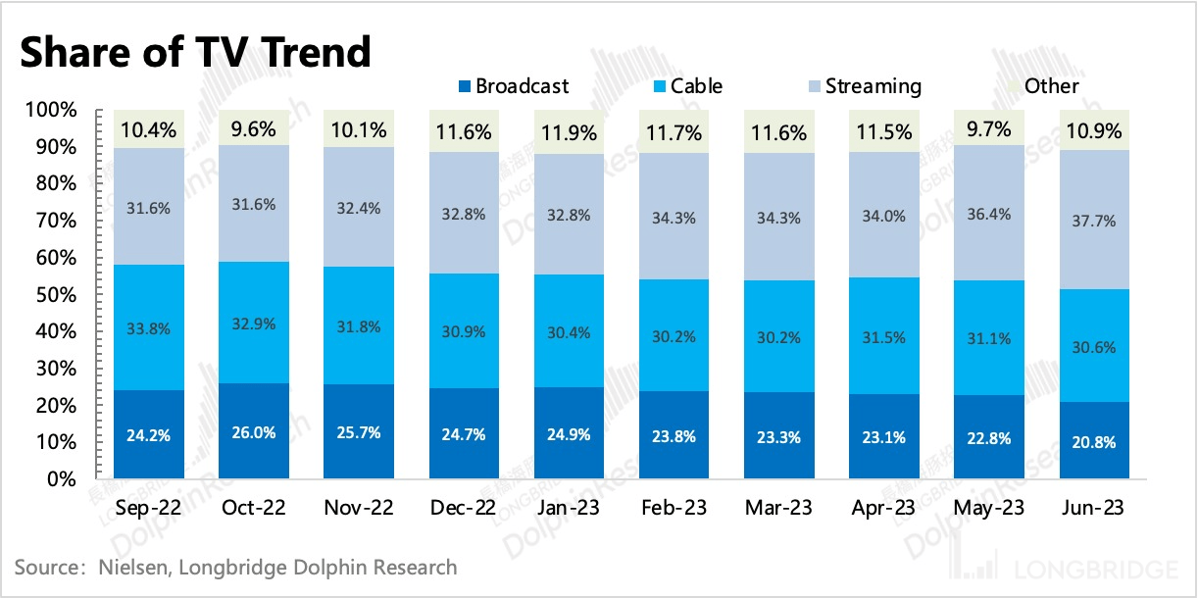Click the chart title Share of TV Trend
(x=196, y=51)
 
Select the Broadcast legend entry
(x=513, y=86)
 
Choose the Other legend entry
(x=1044, y=86)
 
